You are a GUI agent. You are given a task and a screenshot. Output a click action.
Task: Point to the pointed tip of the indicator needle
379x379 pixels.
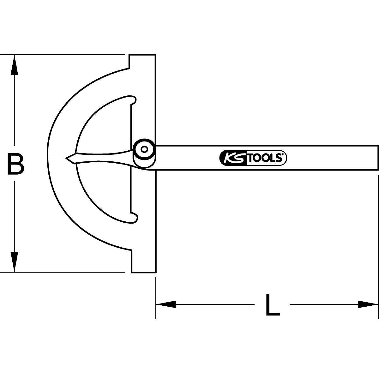[67, 158]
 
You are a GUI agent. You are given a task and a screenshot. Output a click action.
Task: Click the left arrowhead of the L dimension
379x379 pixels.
[166, 304]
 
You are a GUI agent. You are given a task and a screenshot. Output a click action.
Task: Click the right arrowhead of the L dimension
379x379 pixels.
[368, 304]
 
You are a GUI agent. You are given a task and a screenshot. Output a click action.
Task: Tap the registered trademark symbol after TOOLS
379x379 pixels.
[283, 154]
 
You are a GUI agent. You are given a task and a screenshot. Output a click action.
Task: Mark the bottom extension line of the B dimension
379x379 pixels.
[63, 272]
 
